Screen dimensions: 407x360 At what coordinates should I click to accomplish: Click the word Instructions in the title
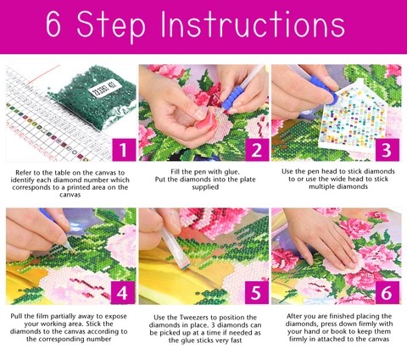(x=253, y=25)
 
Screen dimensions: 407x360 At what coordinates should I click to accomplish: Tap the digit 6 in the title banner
(x=53, y=25)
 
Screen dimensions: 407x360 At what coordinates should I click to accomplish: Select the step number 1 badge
(x=124, y=150)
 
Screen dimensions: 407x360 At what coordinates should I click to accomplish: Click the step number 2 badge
(x=257, y=150)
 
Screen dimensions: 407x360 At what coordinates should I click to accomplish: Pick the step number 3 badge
(x=387, y=150)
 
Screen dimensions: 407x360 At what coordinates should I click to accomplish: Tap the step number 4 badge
(x=123, y=293)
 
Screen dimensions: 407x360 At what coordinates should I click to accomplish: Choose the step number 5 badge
(x=257, y=293)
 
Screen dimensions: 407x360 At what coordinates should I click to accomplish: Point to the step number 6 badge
(x=387, y=293)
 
